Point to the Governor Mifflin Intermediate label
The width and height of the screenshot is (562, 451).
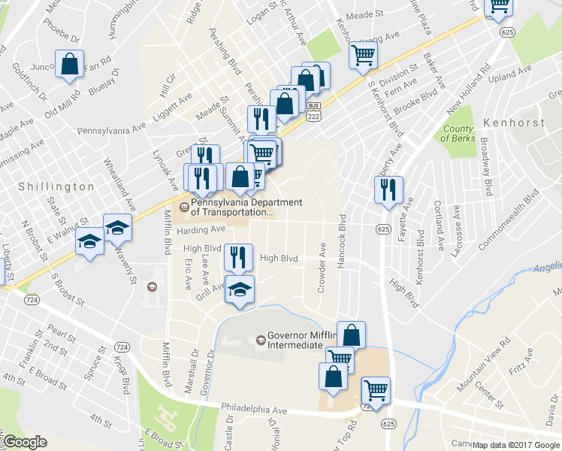coord(304,341)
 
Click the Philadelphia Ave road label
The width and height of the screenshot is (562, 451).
coord(255,411)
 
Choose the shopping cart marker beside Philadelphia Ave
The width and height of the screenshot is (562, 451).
coord(376,390)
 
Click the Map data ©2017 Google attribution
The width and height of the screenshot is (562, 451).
coord(515,445)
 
